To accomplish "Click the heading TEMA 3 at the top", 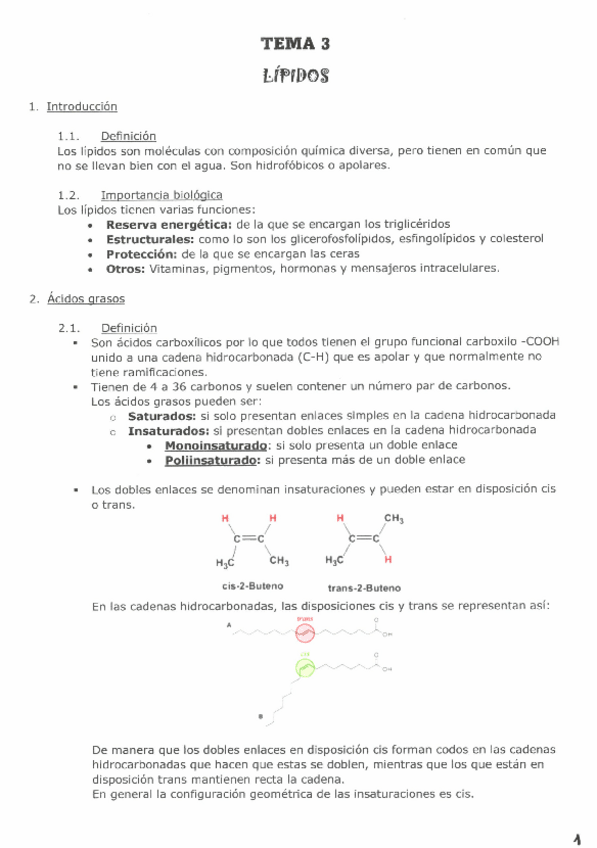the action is [x=295, y=43].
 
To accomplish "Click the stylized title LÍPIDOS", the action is [x=295, y=75].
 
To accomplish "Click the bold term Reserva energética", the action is [x=163, y=224].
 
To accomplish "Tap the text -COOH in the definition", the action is [x=539, y=341].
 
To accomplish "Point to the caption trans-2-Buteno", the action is [x=365, y=588].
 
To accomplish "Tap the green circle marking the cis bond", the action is [x=305, y=667].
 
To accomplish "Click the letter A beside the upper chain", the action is [x=230, y=626].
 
